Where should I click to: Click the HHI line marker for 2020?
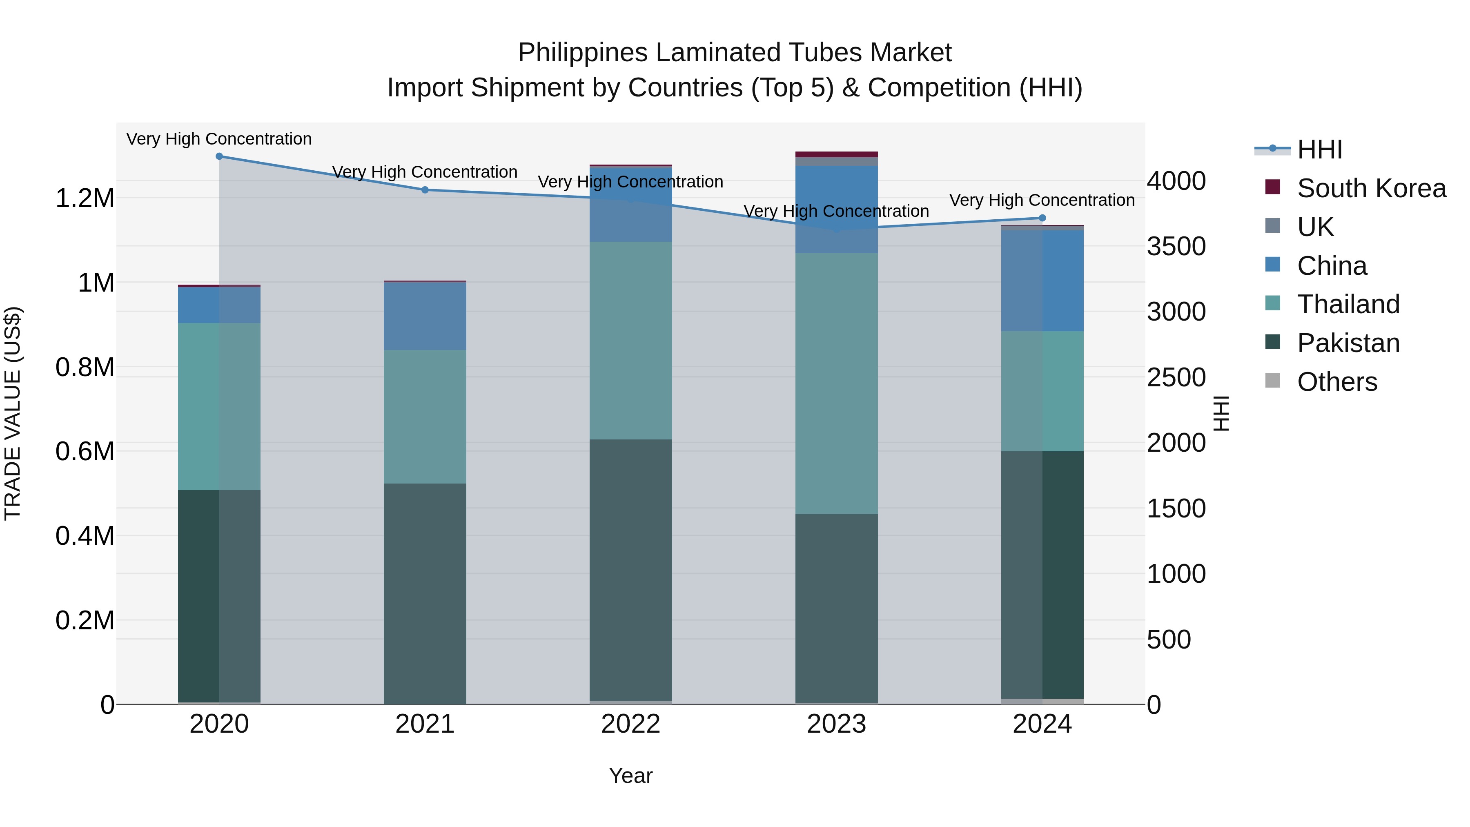pyautogui.click(x=219, y=156)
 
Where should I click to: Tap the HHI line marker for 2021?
pyautogui.click(x=425, y=190)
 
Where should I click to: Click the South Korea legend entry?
pyautogui.click(x=1371, y=188)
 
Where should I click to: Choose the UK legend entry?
pyautogui.click(x=1315, y=227)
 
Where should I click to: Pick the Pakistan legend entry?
pyautogui.click(x=1348, y=343)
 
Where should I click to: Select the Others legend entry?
pyautogui.click(x=1336, y=382)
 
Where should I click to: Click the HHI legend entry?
pyautogui.click(x=1319, y=149)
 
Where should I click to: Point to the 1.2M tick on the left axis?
pyautogui.click(x=85, y=198)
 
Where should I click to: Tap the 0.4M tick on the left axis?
pyautogui.click(x=85, y=536)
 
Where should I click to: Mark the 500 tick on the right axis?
pyautogui.click(x=1169, y=639)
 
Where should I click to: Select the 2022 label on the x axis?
pyautogui.click(x=630, y=724)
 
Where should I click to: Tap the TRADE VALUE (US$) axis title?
pyautogui.click(x=13, y=414)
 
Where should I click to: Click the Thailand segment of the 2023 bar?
pyautogui.click(x=837, y=383)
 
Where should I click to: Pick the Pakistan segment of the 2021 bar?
pyautogui.click(x=425, y=593)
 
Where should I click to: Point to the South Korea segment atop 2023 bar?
pyautogui.click(x=837, y=154)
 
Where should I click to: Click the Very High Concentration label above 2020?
pyautogui.click(x=219, y=139)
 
